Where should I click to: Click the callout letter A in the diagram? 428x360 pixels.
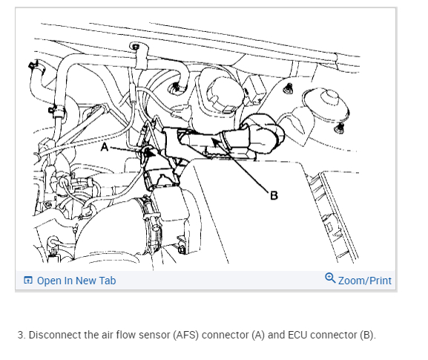pyautogui.click(x=105, y=147)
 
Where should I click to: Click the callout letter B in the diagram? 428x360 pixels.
pyautogui.click(x=274, y=195)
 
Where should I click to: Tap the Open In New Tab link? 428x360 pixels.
pyautogui.click(x=76, y=281)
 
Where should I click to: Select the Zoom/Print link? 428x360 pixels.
pyautogui.click(x=365, y=281)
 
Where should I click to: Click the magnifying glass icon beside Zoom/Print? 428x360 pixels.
pyautogui.click(x=330, y=278)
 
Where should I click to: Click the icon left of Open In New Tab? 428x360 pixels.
pyautogui.click(x=28, y=281)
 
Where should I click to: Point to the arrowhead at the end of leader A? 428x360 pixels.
pyautogui.click(x=150, y=152)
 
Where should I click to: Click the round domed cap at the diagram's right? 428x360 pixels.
pyautogui.click(x=327, y=105)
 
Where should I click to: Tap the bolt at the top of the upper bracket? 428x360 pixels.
pyautogui.click(x=135, y=46)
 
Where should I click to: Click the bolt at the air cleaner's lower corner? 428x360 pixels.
pyautogui.click(x=182, y=249)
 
